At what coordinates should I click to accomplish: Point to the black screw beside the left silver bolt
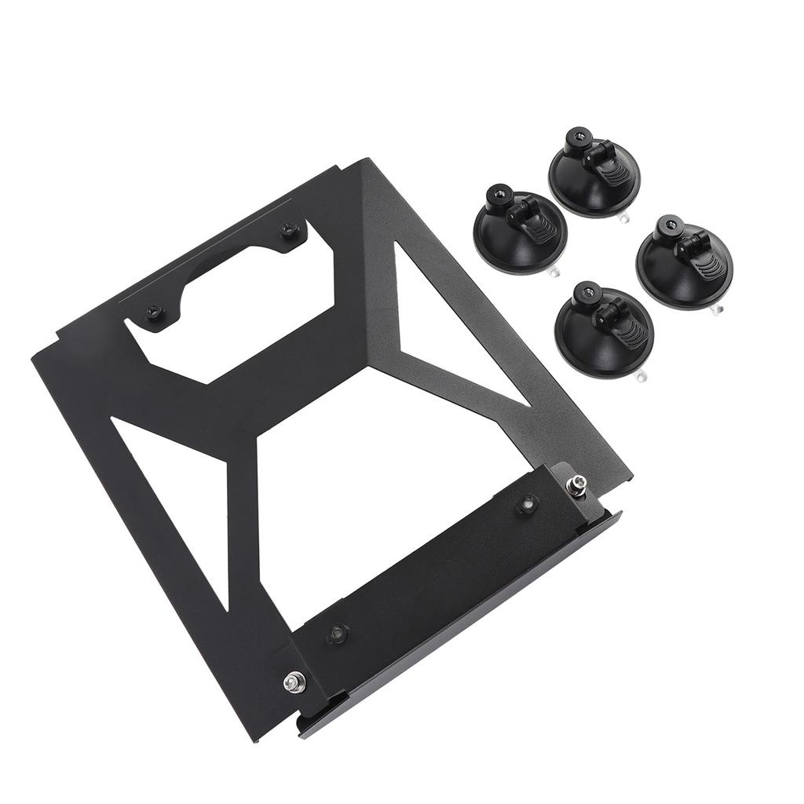click(x=338, y=632)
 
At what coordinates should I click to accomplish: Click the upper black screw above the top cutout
click(x=290, y=228)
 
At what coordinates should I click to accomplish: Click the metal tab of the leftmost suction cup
click(x=555, y=272)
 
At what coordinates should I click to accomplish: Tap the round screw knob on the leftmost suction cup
click(x=499, y=193)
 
